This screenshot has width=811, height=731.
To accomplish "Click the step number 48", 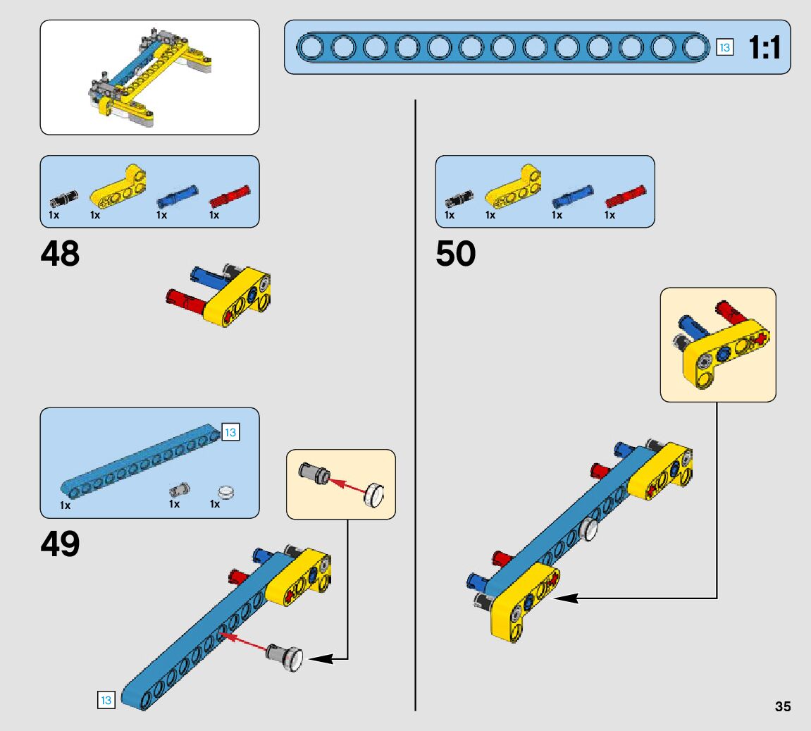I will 61,254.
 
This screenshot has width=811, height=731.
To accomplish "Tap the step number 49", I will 61,544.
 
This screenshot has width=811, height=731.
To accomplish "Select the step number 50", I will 456,254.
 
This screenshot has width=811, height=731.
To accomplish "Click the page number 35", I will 782,707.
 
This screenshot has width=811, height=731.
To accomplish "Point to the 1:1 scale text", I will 764,49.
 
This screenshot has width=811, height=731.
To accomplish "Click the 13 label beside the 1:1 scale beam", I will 724,48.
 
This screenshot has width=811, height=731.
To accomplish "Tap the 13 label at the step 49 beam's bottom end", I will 106,700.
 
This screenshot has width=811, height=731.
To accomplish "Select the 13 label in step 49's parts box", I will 230,432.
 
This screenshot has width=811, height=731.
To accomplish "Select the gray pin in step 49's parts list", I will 179,489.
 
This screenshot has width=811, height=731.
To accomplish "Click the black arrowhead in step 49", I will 320,659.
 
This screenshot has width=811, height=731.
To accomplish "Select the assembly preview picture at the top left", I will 149,78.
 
